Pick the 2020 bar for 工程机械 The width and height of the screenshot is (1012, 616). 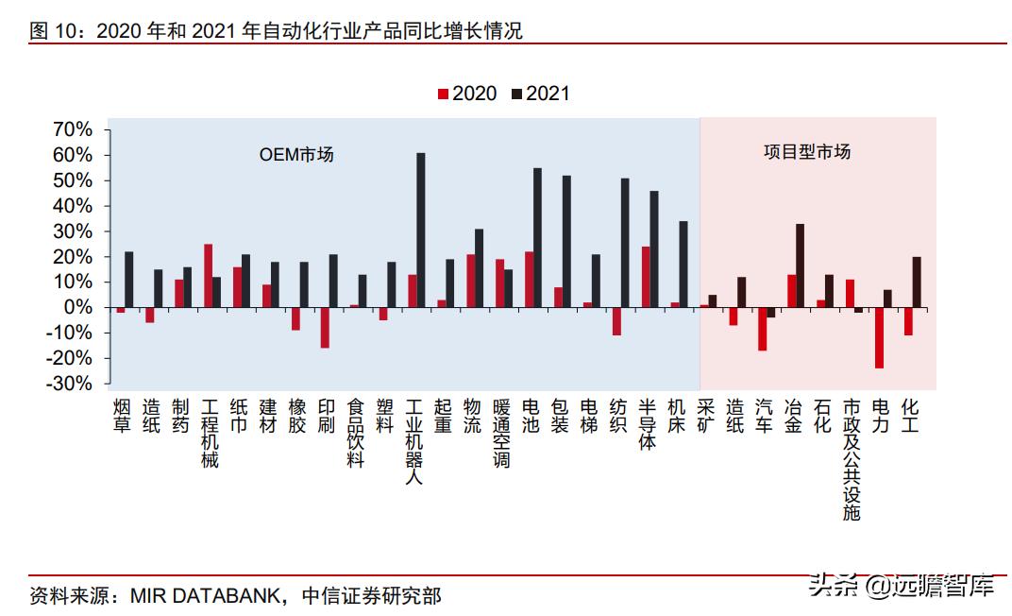tap(208, 276)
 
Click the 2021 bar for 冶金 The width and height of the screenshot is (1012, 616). tap(800, 265)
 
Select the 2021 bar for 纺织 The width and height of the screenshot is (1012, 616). tap(625, 243)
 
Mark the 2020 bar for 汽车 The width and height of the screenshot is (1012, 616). tap(762, 329)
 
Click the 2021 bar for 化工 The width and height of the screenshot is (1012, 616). tap(917, 282)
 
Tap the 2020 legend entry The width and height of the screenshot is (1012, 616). tap(467, 94)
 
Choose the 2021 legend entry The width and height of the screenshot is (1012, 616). tap(541, 94)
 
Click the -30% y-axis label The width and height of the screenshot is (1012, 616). tap(69, 385)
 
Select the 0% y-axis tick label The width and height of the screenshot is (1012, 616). tap(77, 308)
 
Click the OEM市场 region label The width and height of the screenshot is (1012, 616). tap(296, 155)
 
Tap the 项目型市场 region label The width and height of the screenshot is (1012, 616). tap(806, 152)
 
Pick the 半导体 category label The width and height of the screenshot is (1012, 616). tap(647, 423)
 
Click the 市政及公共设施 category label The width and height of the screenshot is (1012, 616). tap(851, 459)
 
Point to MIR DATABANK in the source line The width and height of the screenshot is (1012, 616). tap(207, 596)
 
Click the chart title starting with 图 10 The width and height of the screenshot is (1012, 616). tap(276, 31)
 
